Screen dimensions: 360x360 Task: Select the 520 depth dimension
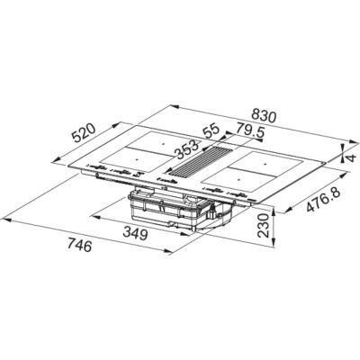click(x=84, y=137)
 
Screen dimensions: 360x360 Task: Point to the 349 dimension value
click(x=136, y=233)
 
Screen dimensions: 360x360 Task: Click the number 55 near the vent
click(x=211, y=131)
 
